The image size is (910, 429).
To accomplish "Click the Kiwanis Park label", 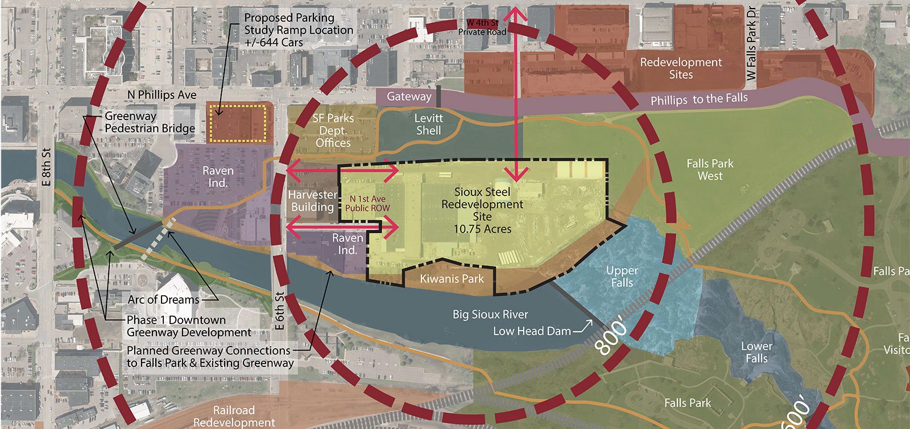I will click(452, 279).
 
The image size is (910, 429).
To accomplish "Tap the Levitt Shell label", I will click(428, 124).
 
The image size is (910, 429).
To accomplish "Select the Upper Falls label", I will click(622, 277).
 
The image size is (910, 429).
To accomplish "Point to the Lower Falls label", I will click(756, 352).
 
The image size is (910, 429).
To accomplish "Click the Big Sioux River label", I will click(490, 314).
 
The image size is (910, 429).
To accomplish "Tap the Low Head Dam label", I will click(532, 331).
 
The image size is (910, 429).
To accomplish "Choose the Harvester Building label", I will click(312, 201).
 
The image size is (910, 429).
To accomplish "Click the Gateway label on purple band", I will click(409, 96).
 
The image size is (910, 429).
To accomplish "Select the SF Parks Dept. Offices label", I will click(333, 130).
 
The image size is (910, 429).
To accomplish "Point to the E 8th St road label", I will click(47, 167).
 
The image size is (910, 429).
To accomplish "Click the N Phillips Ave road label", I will click(162, 94).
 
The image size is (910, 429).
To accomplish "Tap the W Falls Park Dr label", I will click(752, 43).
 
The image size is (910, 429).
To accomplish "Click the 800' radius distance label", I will click(611, 339).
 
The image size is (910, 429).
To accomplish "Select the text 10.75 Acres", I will click(482, 229).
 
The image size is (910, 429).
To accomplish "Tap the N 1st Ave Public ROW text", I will click(367, 203).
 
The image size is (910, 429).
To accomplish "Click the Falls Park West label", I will click(710, 170).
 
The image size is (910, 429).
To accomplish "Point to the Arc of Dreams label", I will click(163, 299).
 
